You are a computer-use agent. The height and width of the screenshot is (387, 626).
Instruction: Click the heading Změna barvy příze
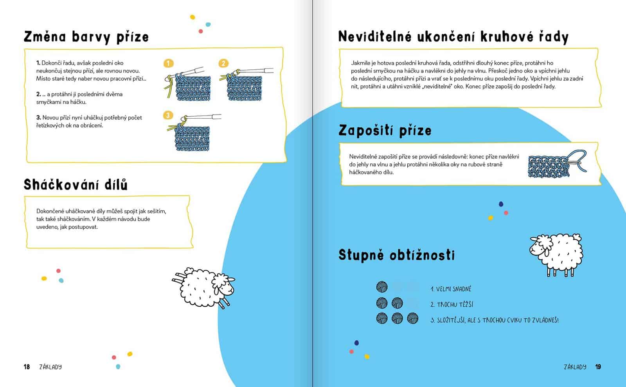click(x=86, y=37)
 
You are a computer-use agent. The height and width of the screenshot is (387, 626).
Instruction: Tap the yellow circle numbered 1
click(x=168, y=63)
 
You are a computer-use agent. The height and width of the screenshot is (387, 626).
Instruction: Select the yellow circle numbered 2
click(x=223, y=63)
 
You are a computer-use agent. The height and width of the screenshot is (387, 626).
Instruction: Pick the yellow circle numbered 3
click(x=168, y=115)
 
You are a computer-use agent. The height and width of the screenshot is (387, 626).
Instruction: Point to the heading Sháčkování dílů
click(x=76, y=184)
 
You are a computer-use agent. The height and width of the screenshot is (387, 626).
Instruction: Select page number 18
click(x=27, y=367)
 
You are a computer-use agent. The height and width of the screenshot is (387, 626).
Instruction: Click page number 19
click(x=598, y=367)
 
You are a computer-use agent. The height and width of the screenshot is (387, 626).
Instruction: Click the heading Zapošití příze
click(x=385, y=130)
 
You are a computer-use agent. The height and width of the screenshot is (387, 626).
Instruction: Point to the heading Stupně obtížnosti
click(x=396, y=255)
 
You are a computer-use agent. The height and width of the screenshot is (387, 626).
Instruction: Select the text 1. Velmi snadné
click(x=451, y=289)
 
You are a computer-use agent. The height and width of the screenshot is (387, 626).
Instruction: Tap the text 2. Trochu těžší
click(x=452, y=304)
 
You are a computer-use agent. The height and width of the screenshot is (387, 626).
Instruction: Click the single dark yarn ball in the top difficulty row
click(x=382, y=287)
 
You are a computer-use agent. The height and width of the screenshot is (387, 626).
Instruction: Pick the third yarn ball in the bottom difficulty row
click(x=412, y=318)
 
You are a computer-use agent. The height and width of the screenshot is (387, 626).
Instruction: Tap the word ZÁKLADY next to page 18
click(x=50, y=367)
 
